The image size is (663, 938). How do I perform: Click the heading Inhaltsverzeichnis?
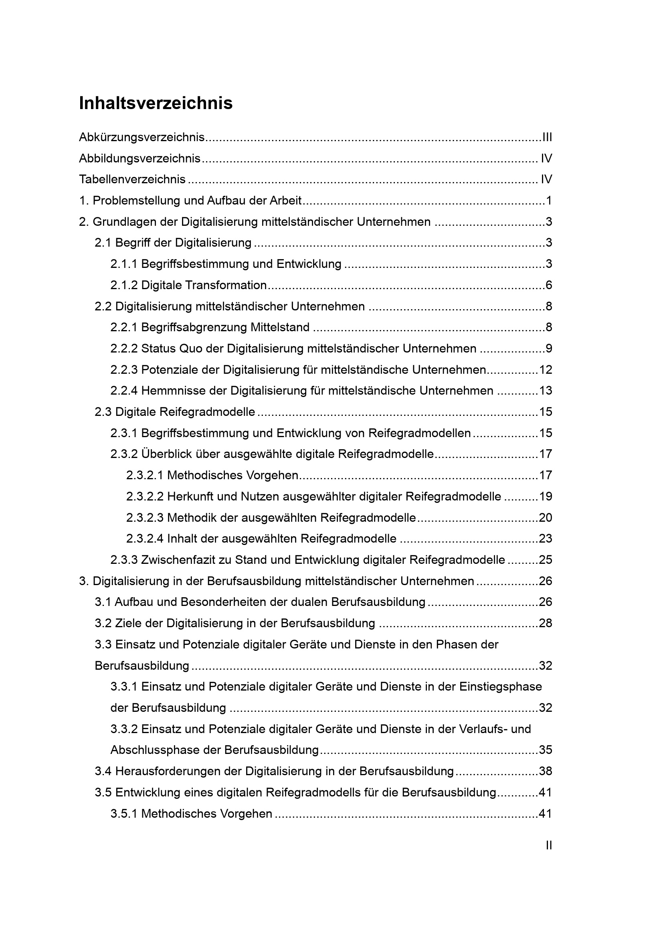click(x=156, y=103)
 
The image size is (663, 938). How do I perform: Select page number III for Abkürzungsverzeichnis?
click(x=547, y=137)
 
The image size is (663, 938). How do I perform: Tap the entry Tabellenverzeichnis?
click(x=132, y=179)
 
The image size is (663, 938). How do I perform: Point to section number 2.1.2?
click(x=124, y=285)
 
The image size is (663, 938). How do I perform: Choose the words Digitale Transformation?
click(x=204, y=285)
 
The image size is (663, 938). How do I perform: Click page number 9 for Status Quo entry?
click(x=549, y=348)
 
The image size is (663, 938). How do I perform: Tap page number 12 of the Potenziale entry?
click(x=546, y=370)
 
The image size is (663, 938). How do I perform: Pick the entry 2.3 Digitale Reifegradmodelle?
click(x=175, y=412)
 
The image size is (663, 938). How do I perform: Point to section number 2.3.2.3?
click(x=145, y=518)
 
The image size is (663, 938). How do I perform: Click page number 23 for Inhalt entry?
click(x=546, y=539)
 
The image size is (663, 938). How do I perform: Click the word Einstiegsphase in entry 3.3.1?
click(x=501, y=686)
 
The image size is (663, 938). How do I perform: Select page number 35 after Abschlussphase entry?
click(x=546, y=750)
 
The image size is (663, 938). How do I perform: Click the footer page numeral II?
click(x=549, y=845)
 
